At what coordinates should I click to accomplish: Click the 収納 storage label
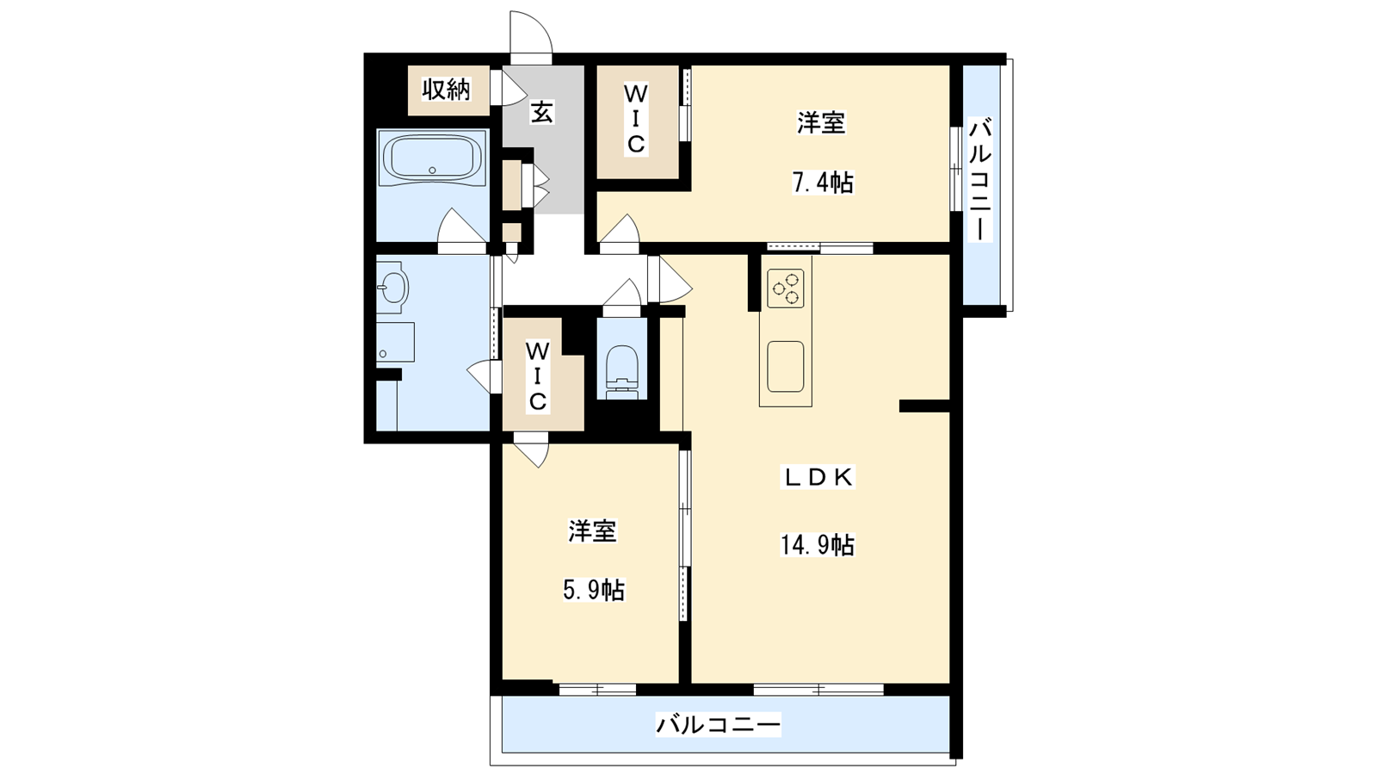pyautogui.click(x=446, y=90)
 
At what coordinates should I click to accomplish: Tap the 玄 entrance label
pyautogui.click(x=541, y=113)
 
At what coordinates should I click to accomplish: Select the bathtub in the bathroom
pyautogui.click(x=432, y=158)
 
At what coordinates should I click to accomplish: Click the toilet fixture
pyautogui.click(x=622, y=371)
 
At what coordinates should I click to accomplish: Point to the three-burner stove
pyautogui.click(x=786, y=288)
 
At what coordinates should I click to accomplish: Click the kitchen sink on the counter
pyautogui.click(x=786, y=367)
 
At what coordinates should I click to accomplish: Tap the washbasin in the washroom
pyautogui.click(x=392, y=288)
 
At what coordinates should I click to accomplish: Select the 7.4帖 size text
pyautogui.click(x=822, y=183)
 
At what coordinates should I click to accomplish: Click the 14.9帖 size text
pyautogui.click(x=817, y=545)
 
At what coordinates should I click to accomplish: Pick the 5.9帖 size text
pyautogui.click(x=593, y=591)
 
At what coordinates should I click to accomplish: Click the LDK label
pyautogui.click(x=818, y=477)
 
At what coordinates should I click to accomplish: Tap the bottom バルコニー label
pyautogui.click(x=718, y=724)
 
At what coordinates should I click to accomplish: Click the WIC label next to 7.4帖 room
pyautogui.click(x=636, y=120)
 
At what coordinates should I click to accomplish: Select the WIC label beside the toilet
pyautogui.click(x=538, y=376)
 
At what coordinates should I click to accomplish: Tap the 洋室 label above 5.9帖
pyautogui.click(x=593, y=531)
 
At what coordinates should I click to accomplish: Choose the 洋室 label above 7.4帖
pyautogui.click(x=821, y=122)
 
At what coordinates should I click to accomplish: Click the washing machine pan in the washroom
pyautogui.click(x=395, y=342)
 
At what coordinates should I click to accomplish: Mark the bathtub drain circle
pyautogui.click(x=432, y=170)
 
